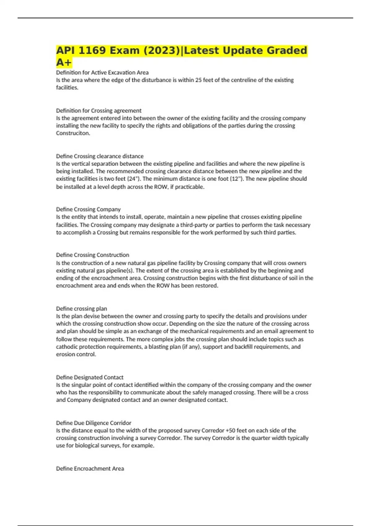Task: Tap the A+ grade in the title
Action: [64, 63]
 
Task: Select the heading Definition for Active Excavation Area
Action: [102, 72]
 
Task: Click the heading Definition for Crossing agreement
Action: [99, 110]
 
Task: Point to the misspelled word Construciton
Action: [73, 133]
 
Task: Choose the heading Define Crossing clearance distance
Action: [100, 156]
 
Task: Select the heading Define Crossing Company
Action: [88, 209]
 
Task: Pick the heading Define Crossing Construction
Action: [92, 255]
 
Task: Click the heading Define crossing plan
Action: [81, 308]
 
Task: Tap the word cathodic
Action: [66, 347]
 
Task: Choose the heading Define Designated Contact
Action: [90, 377]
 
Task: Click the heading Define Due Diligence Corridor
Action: [93, 423]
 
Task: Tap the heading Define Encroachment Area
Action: [90, 469]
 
